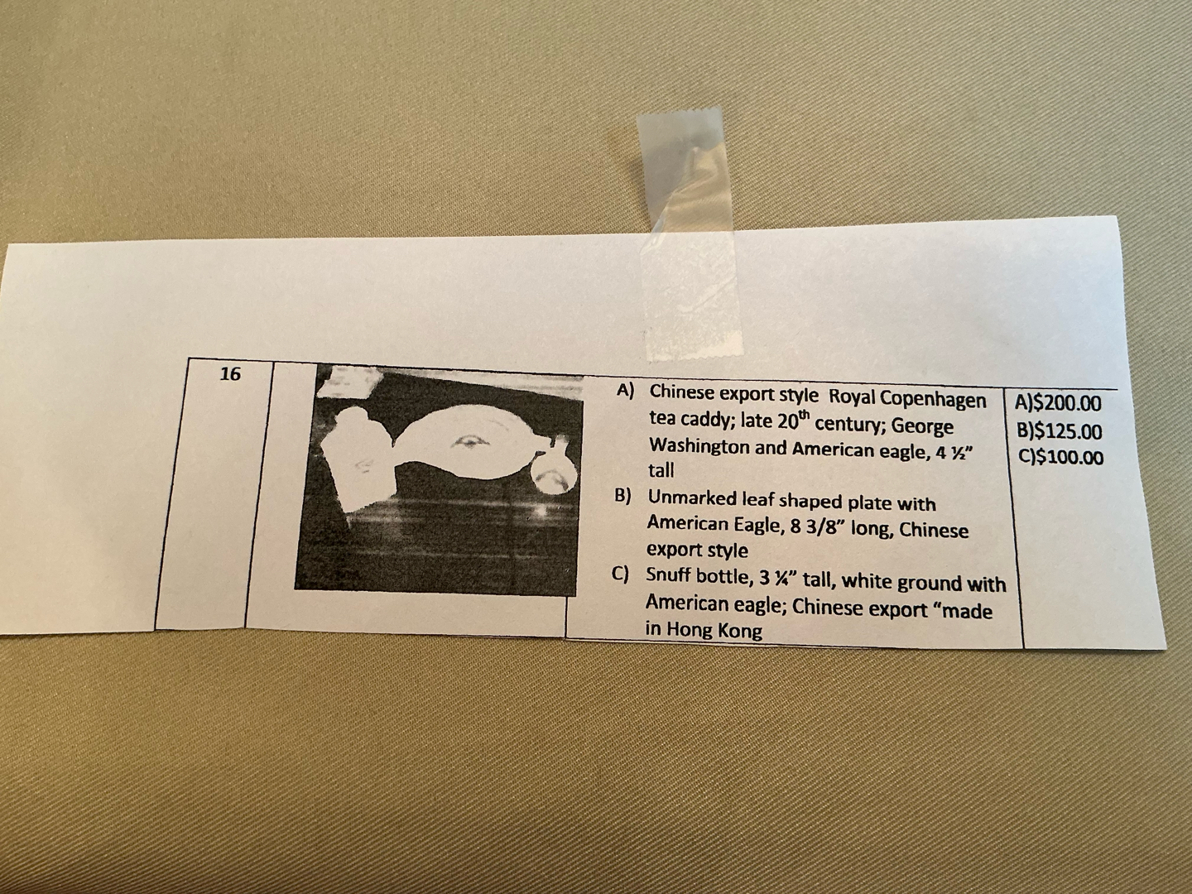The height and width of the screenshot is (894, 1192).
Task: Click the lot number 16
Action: (x=231, y=373)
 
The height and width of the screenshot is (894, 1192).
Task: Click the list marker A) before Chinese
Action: (x=626, y=392)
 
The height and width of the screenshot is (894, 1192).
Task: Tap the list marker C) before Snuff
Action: (x=620, y=574)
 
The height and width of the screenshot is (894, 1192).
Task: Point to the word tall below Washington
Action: (x=661, y=470)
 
